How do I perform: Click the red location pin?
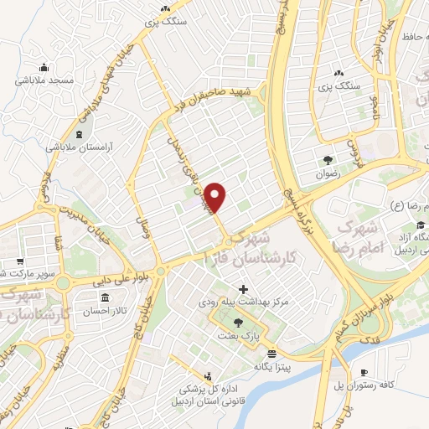point(216,197)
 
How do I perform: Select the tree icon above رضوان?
point(328,159)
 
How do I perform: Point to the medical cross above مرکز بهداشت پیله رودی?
point(244,289)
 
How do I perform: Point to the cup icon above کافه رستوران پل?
point(364,373)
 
